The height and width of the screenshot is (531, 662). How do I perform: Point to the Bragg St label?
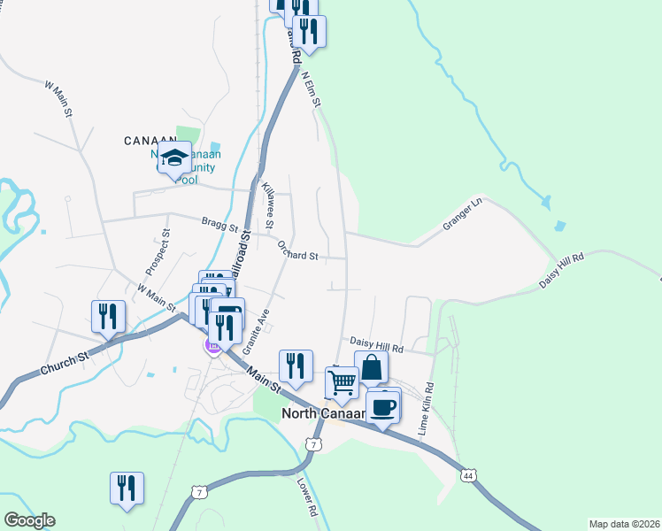221,226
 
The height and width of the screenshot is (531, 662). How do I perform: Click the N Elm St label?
310,91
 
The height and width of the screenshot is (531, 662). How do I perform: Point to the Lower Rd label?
307,497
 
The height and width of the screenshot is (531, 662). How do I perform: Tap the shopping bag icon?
372,366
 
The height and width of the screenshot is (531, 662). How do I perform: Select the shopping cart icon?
342,381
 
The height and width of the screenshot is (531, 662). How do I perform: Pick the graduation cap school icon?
175,158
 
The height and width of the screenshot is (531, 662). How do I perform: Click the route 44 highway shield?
468,476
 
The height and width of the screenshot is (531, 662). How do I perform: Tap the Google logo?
29,520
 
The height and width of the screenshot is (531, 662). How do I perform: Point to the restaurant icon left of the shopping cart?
296,366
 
